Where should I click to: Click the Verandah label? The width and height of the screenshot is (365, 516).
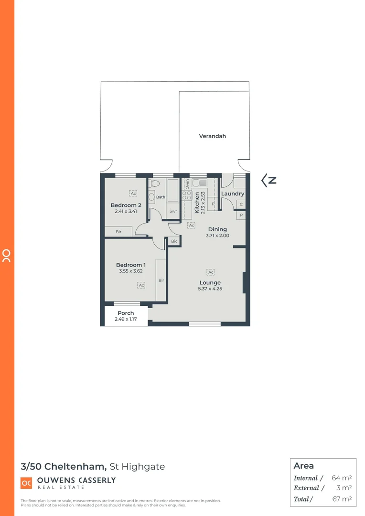213,136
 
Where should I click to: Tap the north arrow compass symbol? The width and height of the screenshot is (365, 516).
269,180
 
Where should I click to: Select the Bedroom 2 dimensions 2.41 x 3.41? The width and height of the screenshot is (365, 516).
126,211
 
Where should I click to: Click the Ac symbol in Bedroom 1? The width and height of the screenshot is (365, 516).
141,285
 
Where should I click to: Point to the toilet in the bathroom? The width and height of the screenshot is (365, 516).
152,196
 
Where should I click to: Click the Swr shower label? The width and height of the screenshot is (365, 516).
173,211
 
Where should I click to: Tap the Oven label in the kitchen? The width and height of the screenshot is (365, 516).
187,183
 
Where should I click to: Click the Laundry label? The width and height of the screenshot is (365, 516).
233,193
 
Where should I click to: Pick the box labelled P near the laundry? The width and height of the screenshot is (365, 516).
241,215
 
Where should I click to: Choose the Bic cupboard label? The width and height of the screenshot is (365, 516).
174,241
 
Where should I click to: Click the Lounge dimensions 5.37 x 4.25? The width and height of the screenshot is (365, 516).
210,289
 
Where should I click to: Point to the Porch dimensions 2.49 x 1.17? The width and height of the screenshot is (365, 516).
126,319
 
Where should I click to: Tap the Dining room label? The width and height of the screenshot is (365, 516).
217,229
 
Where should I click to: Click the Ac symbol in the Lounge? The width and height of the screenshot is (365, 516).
210,272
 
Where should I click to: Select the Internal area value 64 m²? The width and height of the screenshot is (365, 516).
342,478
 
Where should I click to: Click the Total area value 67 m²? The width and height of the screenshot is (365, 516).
342,499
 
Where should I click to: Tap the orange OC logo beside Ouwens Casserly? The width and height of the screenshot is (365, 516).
27,484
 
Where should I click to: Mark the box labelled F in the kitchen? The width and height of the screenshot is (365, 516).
213,204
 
